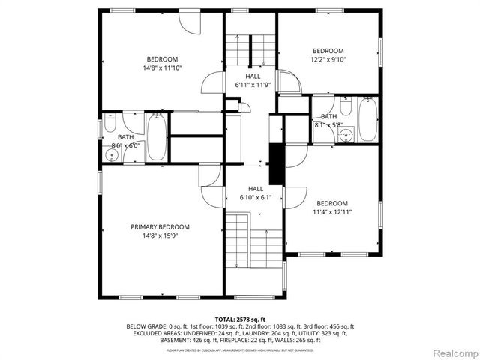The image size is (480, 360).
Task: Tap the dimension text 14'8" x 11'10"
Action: [x=162, y=68]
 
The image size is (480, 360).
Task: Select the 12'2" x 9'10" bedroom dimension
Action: [x=328, y=60]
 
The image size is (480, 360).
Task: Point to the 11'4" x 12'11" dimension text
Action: [x=331, y=212]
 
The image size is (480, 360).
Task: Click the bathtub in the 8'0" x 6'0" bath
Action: [x=157, y=136]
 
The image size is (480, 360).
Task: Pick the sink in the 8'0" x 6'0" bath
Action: [x=111, y=155]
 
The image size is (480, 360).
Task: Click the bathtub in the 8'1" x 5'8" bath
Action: [x=367, y=120]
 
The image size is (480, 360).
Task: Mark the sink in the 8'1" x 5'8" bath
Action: [x=346, y=135]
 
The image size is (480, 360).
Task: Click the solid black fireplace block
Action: [x=276, y=163]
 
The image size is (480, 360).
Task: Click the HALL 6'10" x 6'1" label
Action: [x=256, y=193]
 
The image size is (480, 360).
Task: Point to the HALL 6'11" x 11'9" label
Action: [x=253, y=81]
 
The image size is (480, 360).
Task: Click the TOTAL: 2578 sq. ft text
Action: [x=240, y=319]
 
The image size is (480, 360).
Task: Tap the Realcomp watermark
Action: [x=452, y=352]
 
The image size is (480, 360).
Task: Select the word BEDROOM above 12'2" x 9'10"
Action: [x=328, y=51]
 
